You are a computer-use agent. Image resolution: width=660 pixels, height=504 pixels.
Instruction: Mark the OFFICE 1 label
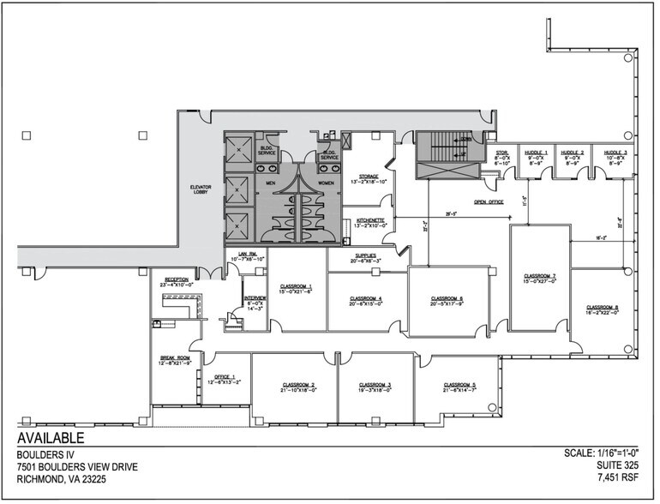click(x=225, y=378)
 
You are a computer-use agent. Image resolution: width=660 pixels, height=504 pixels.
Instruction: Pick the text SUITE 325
click(x=622, y=466)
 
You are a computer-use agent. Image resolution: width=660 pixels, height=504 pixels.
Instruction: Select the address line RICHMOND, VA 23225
click(x=69, y=481)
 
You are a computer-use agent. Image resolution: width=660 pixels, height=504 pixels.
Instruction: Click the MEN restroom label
click(x=270, y=183)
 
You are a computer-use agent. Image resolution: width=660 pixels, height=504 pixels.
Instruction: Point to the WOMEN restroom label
click(x=327, y=183)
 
